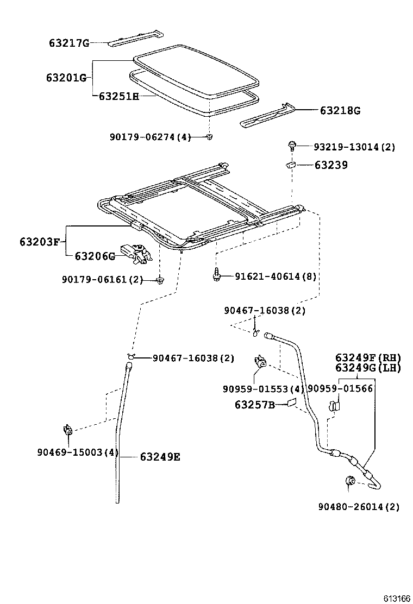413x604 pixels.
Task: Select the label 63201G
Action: (x=66, y=78)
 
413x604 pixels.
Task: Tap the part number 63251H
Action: (x=119, y=97)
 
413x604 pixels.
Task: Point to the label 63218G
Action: (x=340, y=111)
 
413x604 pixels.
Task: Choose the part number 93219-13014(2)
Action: (x=354, y=147)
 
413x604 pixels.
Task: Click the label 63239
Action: (x=330, y=165)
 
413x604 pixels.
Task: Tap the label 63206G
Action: (x=95, y=256)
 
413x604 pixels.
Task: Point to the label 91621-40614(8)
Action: (x=276, y=276)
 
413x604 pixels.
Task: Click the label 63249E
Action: (x=160, y=457)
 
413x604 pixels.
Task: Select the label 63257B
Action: (x=254, y=405)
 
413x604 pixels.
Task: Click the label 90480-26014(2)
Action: (x=359, y=507)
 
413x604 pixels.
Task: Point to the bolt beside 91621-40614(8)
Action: (x=216, y=274)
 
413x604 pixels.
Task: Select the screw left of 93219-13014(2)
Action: (x=292, y=145)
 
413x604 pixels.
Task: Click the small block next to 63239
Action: (x=291, y=165)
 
